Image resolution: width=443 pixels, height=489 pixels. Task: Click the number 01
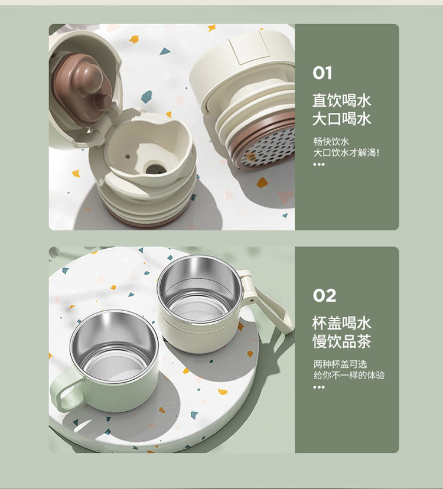[323, 73]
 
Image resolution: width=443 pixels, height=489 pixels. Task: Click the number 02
[324, 295]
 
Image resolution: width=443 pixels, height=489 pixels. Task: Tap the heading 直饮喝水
[342, 100]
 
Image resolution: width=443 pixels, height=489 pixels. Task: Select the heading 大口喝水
[342, 119]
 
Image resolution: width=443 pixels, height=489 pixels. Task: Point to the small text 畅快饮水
[331, 142]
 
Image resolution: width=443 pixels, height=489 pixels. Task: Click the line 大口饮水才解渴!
[346, 153]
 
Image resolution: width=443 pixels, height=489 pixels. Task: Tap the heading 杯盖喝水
[342, 323]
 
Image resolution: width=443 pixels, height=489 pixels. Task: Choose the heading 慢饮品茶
[342, 341]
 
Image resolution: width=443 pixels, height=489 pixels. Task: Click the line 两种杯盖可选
[340, 364]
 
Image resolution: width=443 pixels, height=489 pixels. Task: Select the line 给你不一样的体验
[348, 375]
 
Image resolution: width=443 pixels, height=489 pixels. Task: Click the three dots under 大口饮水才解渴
[319, 164]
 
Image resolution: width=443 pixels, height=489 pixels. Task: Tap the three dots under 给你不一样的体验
[319, 387]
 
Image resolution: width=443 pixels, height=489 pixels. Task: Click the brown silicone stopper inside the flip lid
[82, 87]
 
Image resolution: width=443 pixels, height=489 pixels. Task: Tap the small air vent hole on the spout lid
[127, 156]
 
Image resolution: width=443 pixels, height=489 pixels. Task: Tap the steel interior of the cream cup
[200, 288]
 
